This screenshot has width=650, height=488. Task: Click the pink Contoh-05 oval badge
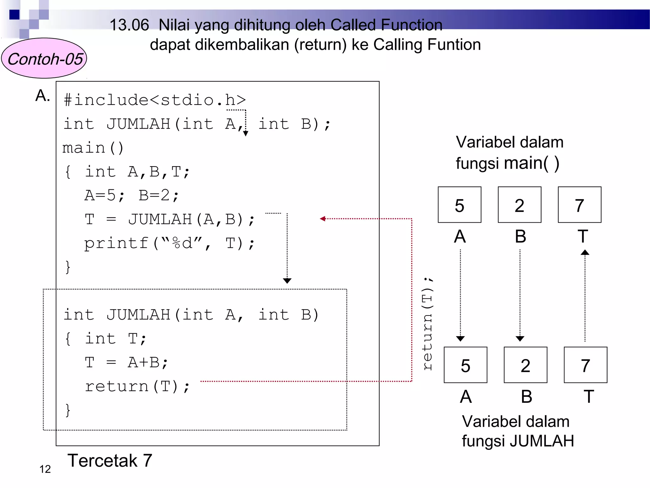(44, 58)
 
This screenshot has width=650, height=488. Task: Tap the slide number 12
(45, 469)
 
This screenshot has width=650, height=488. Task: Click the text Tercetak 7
(109, 461)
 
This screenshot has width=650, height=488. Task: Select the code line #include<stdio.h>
(155, 100)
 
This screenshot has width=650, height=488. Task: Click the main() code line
(93, 148)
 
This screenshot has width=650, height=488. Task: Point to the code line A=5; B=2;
(132, 195)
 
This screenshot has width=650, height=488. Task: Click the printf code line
(169, 244)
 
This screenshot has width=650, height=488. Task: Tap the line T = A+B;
(126, 363)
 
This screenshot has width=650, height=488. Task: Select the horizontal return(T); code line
(137, 387)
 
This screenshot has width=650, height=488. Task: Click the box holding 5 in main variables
(459, 205)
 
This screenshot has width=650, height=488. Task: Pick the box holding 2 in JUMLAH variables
(525, 365)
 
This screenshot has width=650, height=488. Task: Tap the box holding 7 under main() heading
(579, 205)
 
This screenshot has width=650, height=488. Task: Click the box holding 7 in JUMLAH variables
(585, 365)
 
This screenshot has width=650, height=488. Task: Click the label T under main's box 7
(583, 236)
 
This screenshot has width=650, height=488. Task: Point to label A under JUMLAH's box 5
(466, 396)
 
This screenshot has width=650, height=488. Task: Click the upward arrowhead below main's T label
(585, 253)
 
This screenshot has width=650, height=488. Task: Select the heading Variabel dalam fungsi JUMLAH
(517, 431)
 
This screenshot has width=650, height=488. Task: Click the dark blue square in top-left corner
(14, 15)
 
